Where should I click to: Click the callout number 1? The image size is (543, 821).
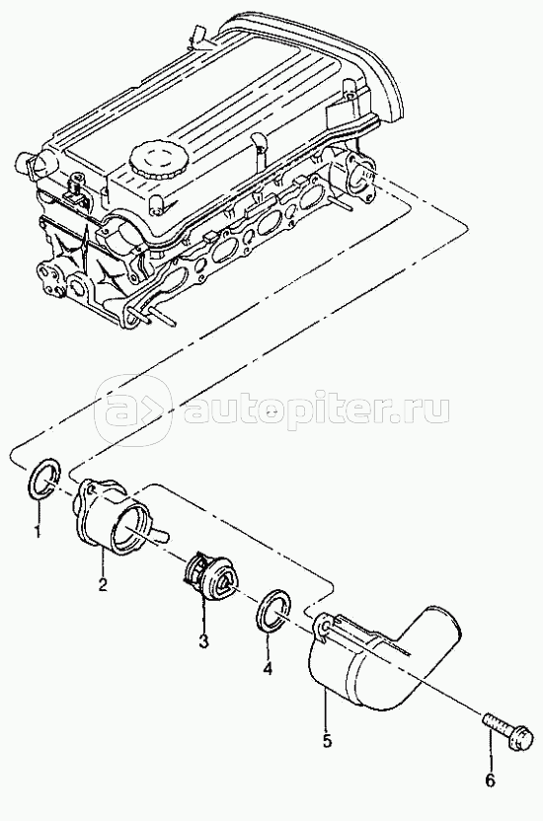tap(38, 532)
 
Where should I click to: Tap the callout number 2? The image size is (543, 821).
tap(103, 583)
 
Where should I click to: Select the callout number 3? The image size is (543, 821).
tap(202, 639)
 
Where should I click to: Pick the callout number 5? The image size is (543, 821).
tap(327, 740)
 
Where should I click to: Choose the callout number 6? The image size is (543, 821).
tap(490, 781)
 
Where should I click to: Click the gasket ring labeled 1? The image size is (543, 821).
tap(42, 480)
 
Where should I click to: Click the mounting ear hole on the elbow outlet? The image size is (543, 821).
tap(323, 627)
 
